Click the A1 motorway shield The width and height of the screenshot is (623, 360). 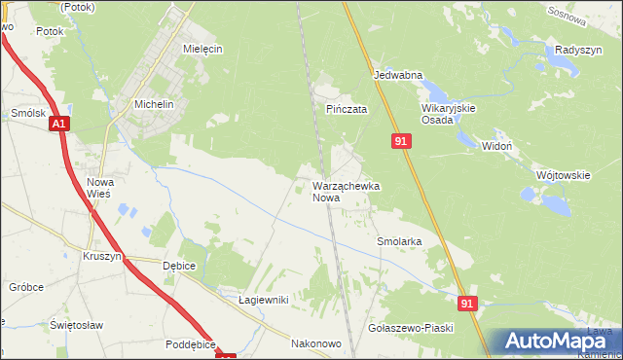pyautogui.click(x=59, y=124)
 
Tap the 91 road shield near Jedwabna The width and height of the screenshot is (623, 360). pyautogui.click(x=402, y=141)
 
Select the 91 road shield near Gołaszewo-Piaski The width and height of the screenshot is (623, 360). pyautogui.click(x=468, y=304)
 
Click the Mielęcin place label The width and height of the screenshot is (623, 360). pyautogui.click(x=202, y=48)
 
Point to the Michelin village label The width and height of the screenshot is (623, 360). pyautogui.click(x=154, y=104)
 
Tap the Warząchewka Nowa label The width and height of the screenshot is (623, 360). pyautogui.click(x=345, y=191)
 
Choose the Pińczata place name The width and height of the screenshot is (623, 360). pyautogui.click(x=347, y=110)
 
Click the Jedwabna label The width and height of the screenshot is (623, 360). pyautogui.click(x=397, y=74)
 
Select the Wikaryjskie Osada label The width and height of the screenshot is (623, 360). pyautogui.click(x=448, y=114)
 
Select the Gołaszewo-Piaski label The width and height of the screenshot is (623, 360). pyautogui.click(x=412, y=328)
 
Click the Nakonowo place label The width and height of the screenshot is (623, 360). pyautogui.click(x=316, y=343)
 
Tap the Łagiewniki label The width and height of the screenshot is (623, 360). pyautogui.click(x=263, y=300)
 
